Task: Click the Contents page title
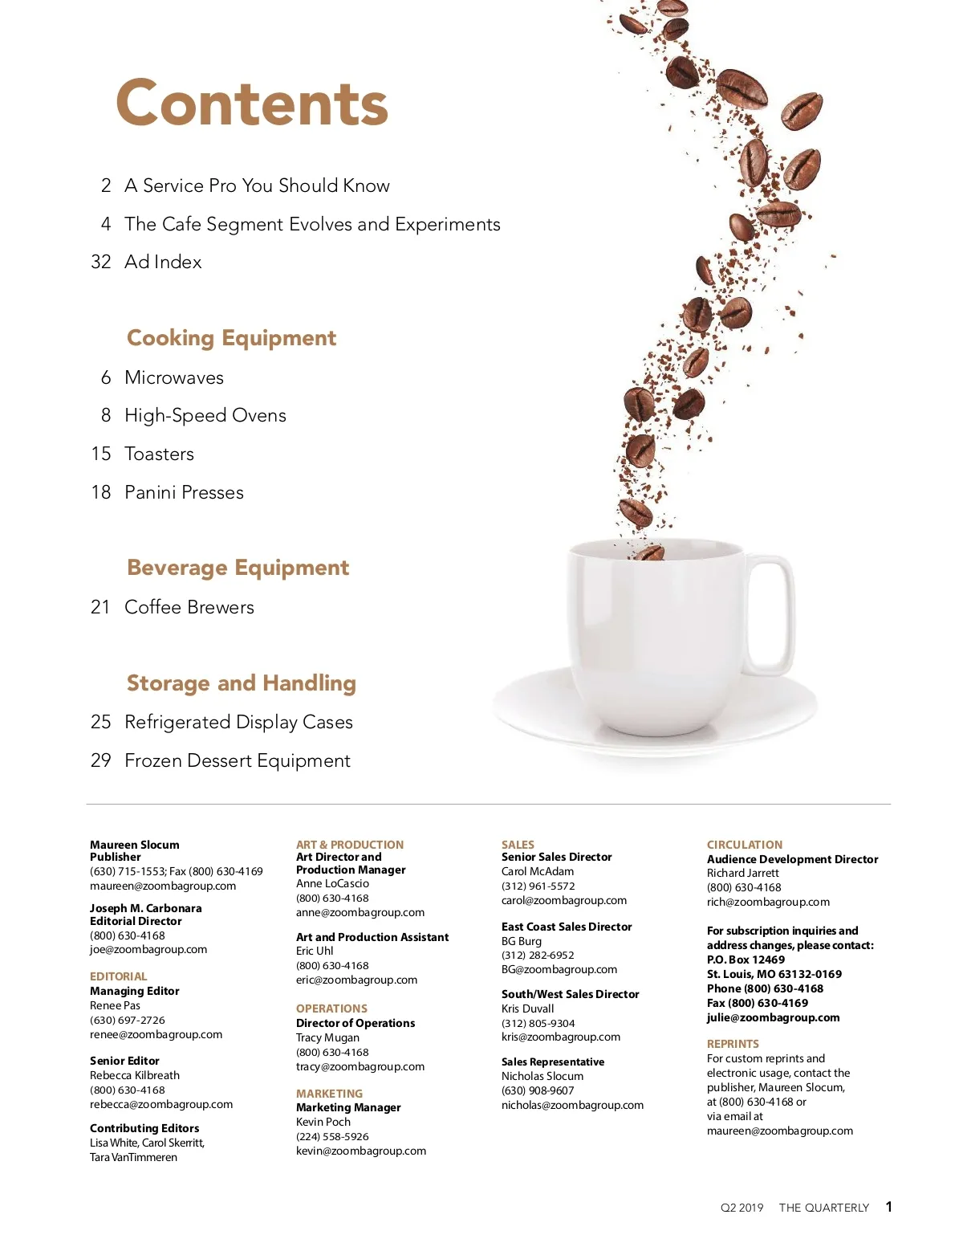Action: click(x=252, y=103)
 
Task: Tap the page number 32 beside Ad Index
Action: click(x=101, y=262)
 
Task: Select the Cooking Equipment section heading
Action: click(x=231, y=338)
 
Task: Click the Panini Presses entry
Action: click(x=184, y=492)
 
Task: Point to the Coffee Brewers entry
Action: click(x=189, y=607)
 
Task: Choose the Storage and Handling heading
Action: click(x=241, y=683)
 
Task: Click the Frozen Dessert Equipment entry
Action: click(x=237, y=760)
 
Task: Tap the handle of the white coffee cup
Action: click(x=772, y=617)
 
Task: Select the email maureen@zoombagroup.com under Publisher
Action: click(x=163, y=886)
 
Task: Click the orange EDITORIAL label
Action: click(x=119, y=976)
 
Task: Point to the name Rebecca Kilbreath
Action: click(x=135, y=1075)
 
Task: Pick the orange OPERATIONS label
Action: click(x=331, y=1009)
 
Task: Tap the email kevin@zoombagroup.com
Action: click(x=361, y=1151)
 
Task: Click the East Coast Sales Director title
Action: click(x=567, y=927)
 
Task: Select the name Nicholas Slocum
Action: click(x=542, y=1076)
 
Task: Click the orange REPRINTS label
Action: click(x=733, y=1044)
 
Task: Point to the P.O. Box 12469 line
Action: click(x=746, y=960)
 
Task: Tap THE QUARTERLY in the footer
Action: click(x=823, y=1208)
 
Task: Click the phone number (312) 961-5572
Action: click(x=538, y=886)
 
